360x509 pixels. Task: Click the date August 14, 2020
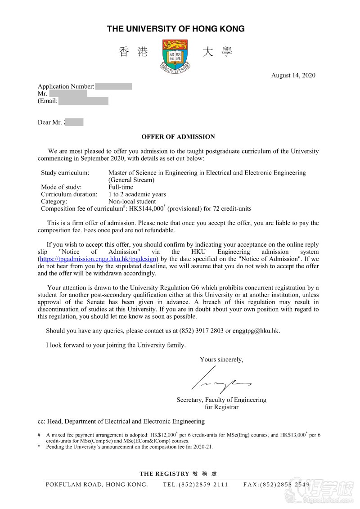point(293,75)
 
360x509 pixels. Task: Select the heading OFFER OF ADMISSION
point(178,137)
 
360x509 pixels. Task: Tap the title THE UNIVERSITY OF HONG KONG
point(176,29)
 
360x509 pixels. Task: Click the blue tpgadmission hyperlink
point(98,259)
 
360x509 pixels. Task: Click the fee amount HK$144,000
point(146,209)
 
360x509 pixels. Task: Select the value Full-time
point(121,187)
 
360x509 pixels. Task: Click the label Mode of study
point(61,187)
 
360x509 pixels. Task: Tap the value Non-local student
point(132,202)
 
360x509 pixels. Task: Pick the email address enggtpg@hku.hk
point(256,331)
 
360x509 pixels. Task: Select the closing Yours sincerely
point(221,360)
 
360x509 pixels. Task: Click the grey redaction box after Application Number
point(113,86)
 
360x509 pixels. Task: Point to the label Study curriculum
point(65,173)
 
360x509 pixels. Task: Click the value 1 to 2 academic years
point(137,194)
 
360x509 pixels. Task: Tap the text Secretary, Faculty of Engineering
point(221,400)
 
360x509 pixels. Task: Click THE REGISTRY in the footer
point(164,474)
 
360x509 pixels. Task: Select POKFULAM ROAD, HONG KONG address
point(97,485)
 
